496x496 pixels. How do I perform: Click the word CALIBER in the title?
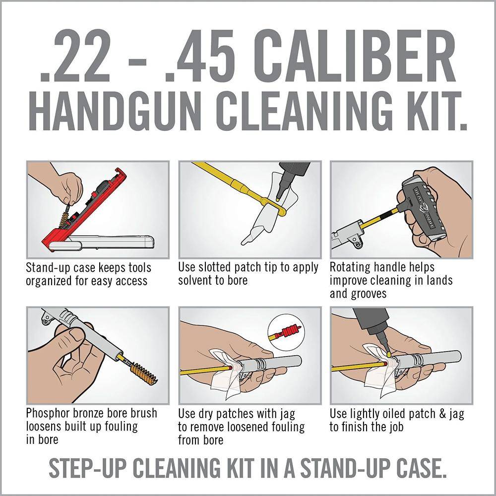354,56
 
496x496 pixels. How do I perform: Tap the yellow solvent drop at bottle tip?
277,199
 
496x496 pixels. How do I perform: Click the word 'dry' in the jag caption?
206,414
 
